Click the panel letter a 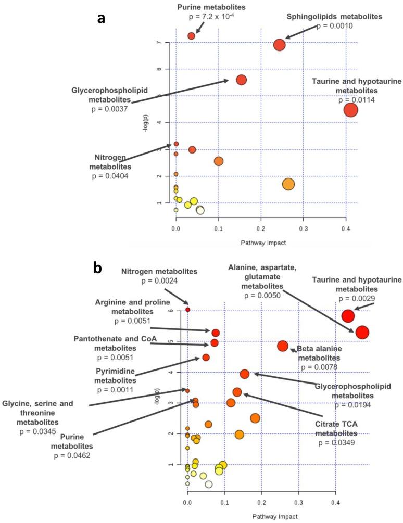click(102, 19)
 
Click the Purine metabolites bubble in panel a click(191, 36)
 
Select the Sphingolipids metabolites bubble click(280, 45)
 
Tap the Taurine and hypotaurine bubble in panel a click(351, 110)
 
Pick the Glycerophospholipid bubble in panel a click(241, 80)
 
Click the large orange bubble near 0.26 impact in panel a click(288, 184)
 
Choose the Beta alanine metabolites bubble click(283, 346)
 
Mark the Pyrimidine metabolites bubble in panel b click(206, 358)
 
